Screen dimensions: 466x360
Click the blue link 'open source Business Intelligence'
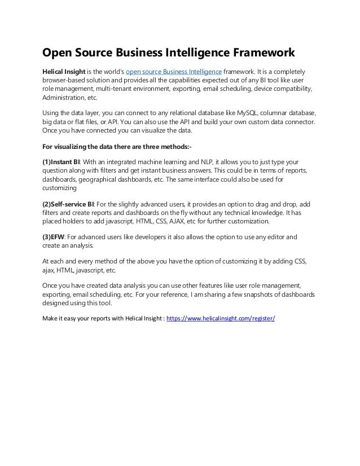tap(174, 72)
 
